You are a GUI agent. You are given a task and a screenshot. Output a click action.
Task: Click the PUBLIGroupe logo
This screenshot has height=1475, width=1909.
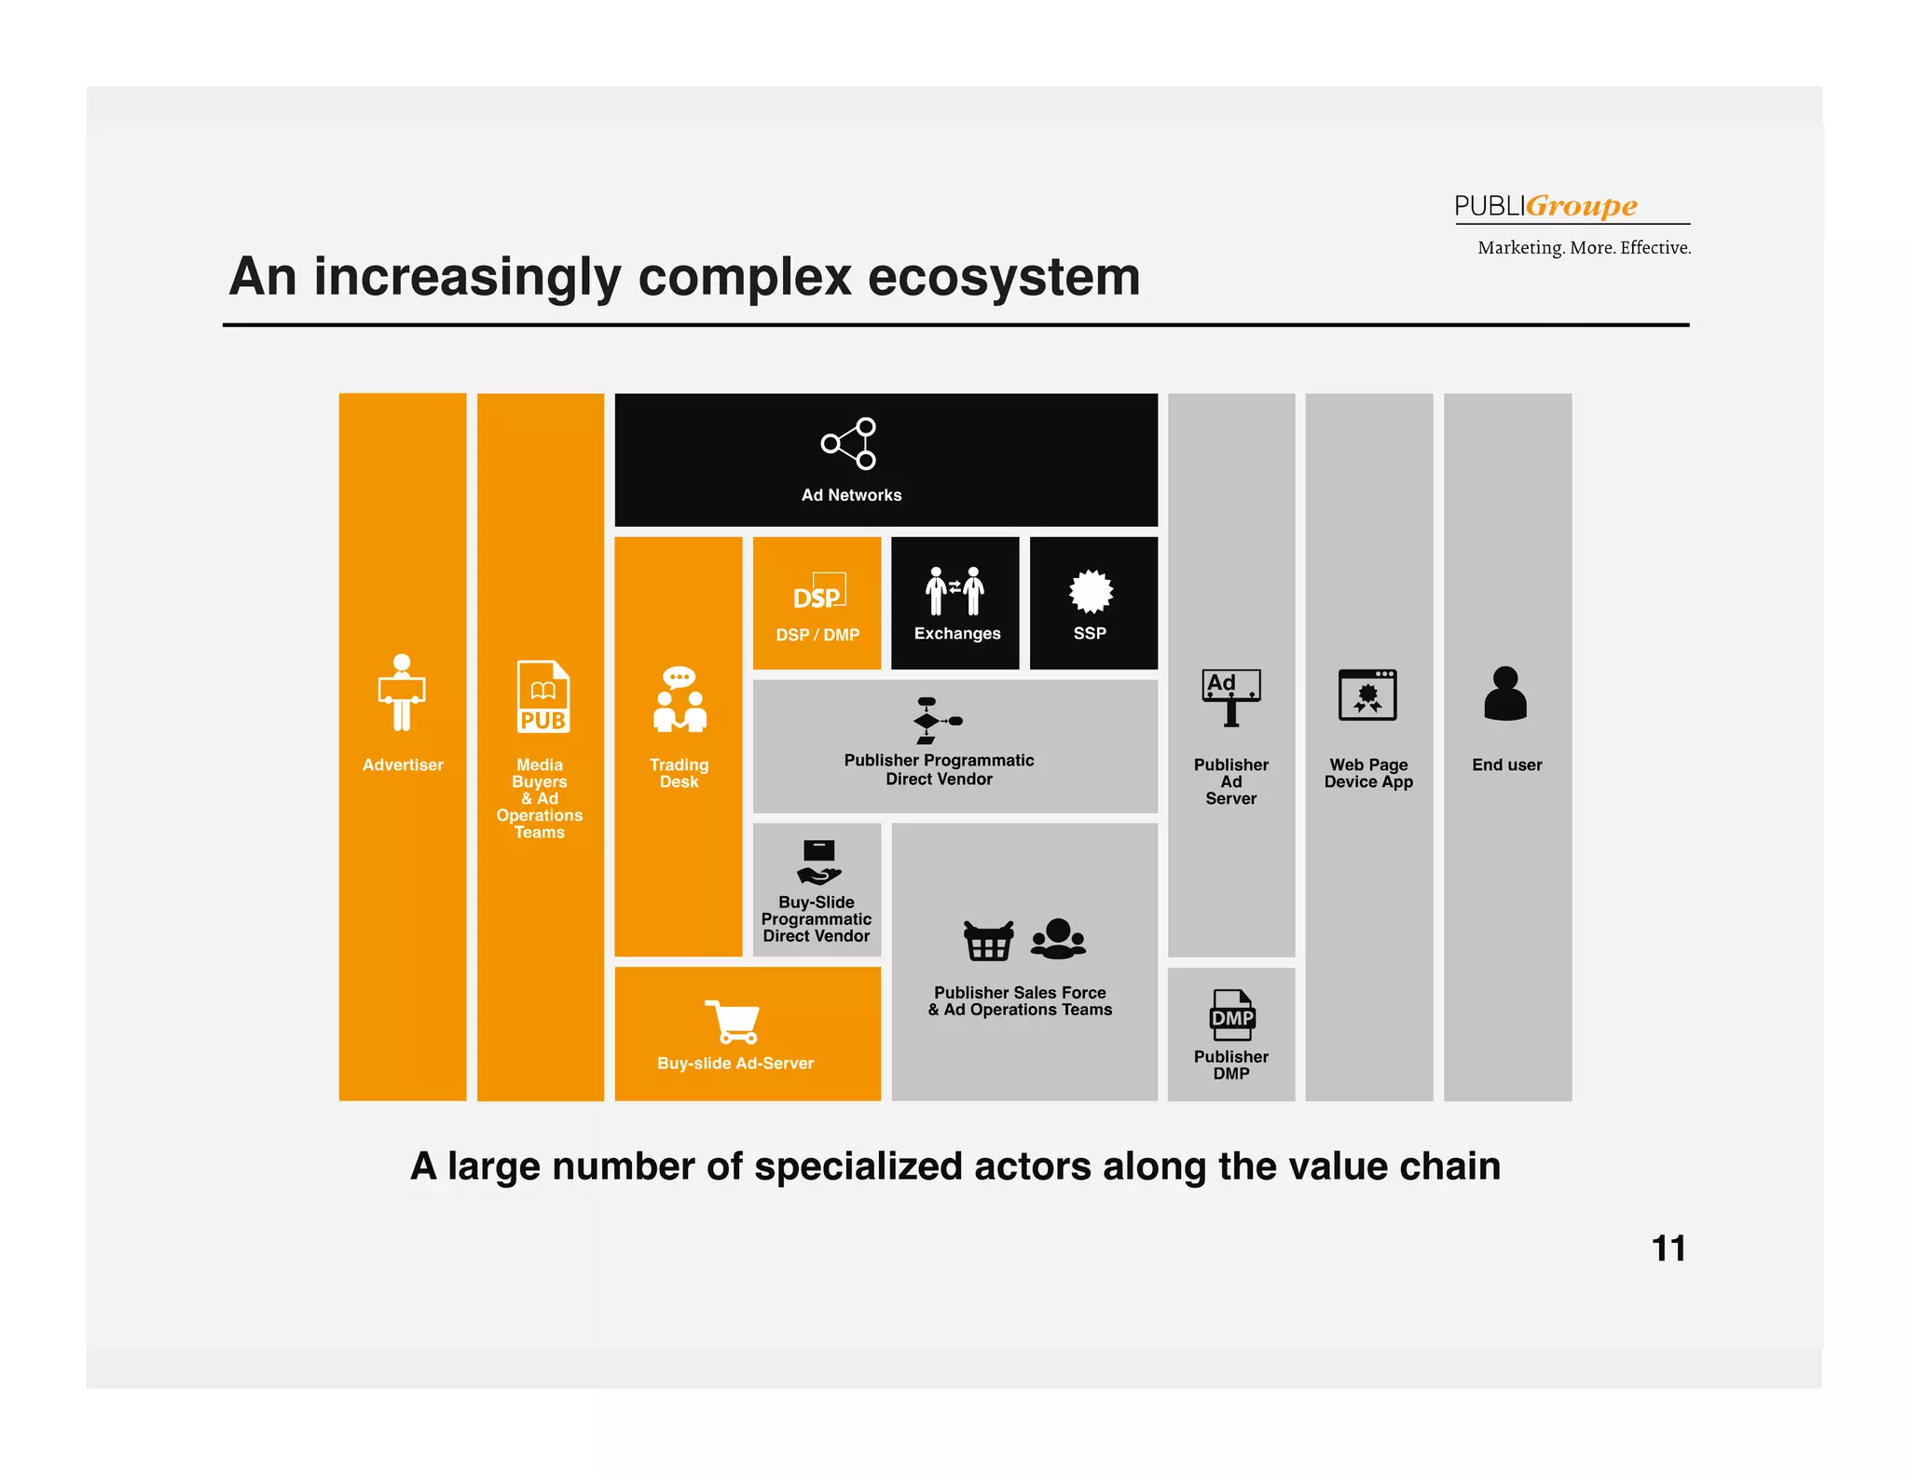coord(1545,205)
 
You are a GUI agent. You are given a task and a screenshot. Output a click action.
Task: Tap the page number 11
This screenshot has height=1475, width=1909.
coord(1668,1248)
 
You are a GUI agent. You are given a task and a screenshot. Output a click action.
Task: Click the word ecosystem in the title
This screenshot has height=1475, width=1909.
coord(1003,277)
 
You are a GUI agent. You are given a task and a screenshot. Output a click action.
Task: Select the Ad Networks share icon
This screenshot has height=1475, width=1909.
coord(849,444)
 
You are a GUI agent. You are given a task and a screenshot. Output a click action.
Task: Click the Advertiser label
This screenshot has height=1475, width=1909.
coord(403,765)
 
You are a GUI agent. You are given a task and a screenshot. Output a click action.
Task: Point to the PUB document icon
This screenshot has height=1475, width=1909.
coord(542,696)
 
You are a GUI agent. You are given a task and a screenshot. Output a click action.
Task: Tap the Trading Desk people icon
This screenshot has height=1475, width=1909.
coord(680,699)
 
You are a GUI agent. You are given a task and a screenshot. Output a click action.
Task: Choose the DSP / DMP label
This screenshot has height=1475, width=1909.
coord(817,635)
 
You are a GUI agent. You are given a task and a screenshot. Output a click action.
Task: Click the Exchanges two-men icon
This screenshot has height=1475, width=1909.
coord(954,591)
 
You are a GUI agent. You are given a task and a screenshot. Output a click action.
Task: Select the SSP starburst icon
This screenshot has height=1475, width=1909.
coord(1091,592)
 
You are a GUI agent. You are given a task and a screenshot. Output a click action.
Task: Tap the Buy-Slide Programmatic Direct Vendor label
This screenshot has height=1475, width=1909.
coord(817,919)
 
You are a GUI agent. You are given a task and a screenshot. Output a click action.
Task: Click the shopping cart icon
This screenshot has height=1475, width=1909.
coord(734,1022)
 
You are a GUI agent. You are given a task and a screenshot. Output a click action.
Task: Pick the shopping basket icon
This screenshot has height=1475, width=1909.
coord(988,941)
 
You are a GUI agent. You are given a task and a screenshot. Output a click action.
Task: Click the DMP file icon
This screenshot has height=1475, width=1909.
coord(1231,1015)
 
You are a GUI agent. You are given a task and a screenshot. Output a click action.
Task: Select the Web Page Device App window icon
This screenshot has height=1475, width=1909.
coord(1367,695)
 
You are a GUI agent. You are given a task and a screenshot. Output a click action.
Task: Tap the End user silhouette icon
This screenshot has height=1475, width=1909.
coord(1505,694)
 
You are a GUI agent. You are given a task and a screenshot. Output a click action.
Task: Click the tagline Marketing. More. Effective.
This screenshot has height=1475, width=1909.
coord(1584,248)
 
